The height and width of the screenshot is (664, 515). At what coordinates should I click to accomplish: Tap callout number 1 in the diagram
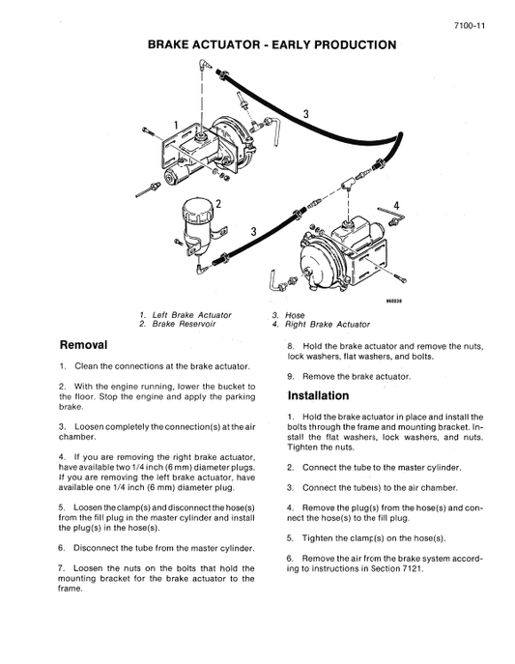(175, 125)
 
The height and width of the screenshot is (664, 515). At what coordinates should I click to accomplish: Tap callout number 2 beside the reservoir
(219, 203)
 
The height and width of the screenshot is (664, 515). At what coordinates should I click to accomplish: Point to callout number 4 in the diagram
(396, 204)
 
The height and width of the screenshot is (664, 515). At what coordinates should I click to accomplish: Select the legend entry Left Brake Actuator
(191, 315)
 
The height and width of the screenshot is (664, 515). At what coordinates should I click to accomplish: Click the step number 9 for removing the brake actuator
(290, 375)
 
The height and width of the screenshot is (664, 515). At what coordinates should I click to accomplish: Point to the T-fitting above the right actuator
(346, 181)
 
